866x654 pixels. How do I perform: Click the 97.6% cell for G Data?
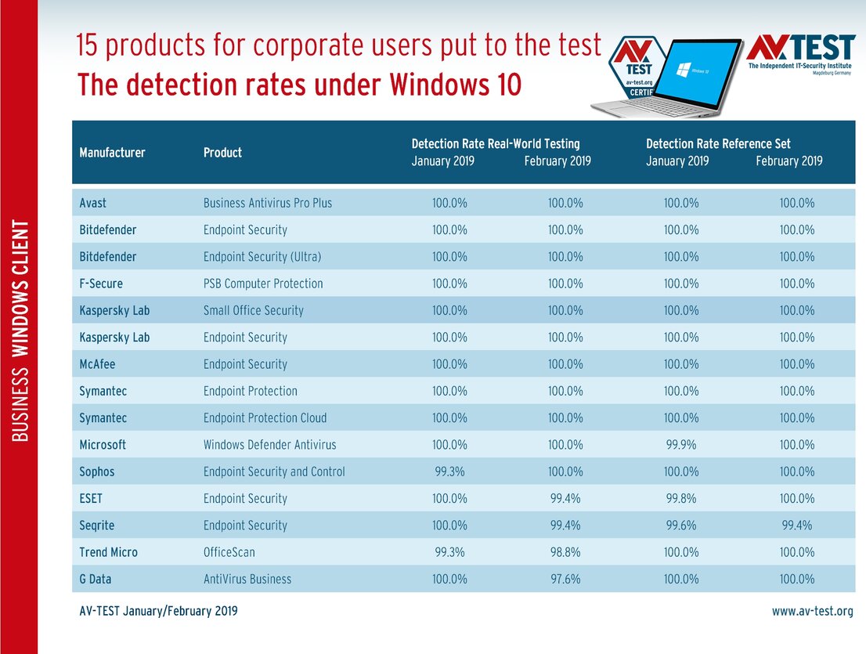point(565,580)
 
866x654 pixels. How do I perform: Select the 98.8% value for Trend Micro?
point(565,552)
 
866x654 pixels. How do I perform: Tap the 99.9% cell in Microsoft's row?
point(680,445)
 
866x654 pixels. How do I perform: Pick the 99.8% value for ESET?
point(680,499)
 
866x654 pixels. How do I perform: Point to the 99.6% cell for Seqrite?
point(680,526)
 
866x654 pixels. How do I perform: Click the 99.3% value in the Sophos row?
point(449,472)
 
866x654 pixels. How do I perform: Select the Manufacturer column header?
point(112,153)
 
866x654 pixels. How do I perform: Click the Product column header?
point(222,153)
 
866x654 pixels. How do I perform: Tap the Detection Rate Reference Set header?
point(718,143)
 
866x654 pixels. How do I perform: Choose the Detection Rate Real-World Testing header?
point(496,143)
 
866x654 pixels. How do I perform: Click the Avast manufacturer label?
point(92,203)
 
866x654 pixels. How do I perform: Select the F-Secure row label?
point(101,284)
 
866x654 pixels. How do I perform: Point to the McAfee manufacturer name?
point(97,364)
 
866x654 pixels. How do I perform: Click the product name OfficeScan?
point(229,552)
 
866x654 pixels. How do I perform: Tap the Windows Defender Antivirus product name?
point(269,445)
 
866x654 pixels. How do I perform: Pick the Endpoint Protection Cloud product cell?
point(265,418)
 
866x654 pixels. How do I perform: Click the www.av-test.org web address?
point(812,611)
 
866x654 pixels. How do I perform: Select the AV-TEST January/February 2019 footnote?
point(158,611)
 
